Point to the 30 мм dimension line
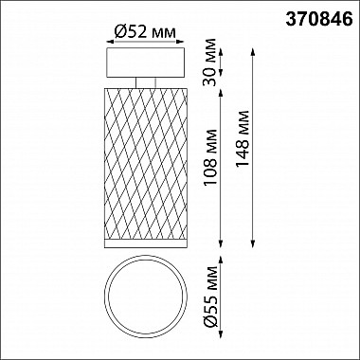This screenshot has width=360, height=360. pyautogui.click(x=223, y=63)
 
